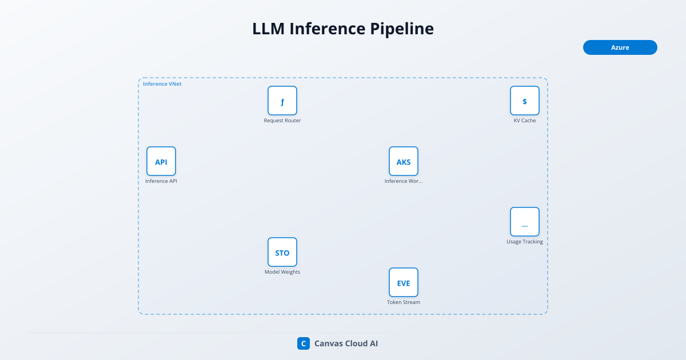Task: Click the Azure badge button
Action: click(620, 47)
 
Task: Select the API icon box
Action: click(161, 161)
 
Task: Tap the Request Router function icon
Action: click(282, 101)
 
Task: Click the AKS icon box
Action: click(404, 161)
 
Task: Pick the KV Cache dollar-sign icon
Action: click(525, 101)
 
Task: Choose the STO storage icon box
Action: click(282, 252)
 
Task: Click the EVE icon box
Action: click(404, 282)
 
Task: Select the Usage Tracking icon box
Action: click(525, 222)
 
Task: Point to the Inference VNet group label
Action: click(162, 84)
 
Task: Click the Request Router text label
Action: click(282, 121)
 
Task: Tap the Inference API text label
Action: click(161, 181)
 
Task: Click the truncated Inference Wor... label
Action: click(404, 181)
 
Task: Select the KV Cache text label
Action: click(525, 121)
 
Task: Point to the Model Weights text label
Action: click(282, 272)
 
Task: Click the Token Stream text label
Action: click(404, 302)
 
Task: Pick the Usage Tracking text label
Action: click(525, 242)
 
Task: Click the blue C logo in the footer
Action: click(304, 343)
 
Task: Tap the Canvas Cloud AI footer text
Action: click(346, 343)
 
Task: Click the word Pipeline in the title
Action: click(402, 29)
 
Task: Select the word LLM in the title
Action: click(269, 29)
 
